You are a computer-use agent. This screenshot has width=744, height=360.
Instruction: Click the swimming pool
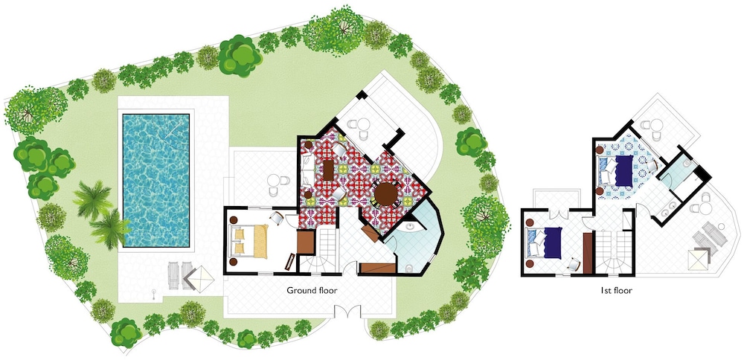(x=156, y=180)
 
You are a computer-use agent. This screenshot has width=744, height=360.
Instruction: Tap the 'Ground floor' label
(x=312, y=290)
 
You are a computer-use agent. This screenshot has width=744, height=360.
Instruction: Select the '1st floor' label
(x=616, y=290)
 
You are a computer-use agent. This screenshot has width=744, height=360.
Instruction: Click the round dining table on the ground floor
(x=385, y=194)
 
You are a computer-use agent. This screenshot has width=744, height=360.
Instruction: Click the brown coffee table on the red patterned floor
(x=328, y=170)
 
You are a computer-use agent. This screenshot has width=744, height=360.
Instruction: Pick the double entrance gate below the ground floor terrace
(x=347, y=312)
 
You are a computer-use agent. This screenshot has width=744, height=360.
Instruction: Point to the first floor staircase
(x=614, y=252)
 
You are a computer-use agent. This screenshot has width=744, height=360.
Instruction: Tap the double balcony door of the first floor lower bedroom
(x=559, y=214)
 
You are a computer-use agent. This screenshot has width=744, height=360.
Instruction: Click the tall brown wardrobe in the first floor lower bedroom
(x=588, y=254)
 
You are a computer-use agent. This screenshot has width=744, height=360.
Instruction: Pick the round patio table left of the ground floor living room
(x=273, y=180)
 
